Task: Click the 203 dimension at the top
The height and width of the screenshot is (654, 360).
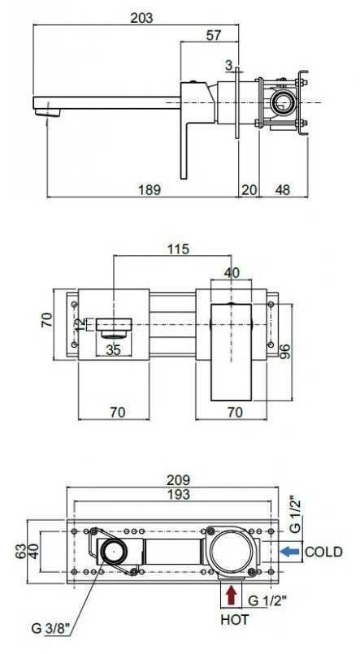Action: pyautogui.click(x=141, y=18)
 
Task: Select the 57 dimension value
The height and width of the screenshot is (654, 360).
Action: pyautogui.click(x=214, y=36)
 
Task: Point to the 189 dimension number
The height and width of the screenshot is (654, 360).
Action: pyautogui.click(x=150, y=190)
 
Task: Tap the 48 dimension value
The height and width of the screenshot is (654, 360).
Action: pyautogui.click(x=283, y=190)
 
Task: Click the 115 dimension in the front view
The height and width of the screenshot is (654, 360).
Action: pyautogui.click(x=178, y=249)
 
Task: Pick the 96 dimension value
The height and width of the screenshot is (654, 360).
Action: pyautogui.click(x=286, y=353)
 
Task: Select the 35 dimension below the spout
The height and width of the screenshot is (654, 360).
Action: pyautogui.click(x=113, y=350)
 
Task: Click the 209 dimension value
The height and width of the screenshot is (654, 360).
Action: pyautogui.click(x=178, y=479)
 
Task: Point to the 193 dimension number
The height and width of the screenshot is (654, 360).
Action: pyautogui.click(x=178, y=494)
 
